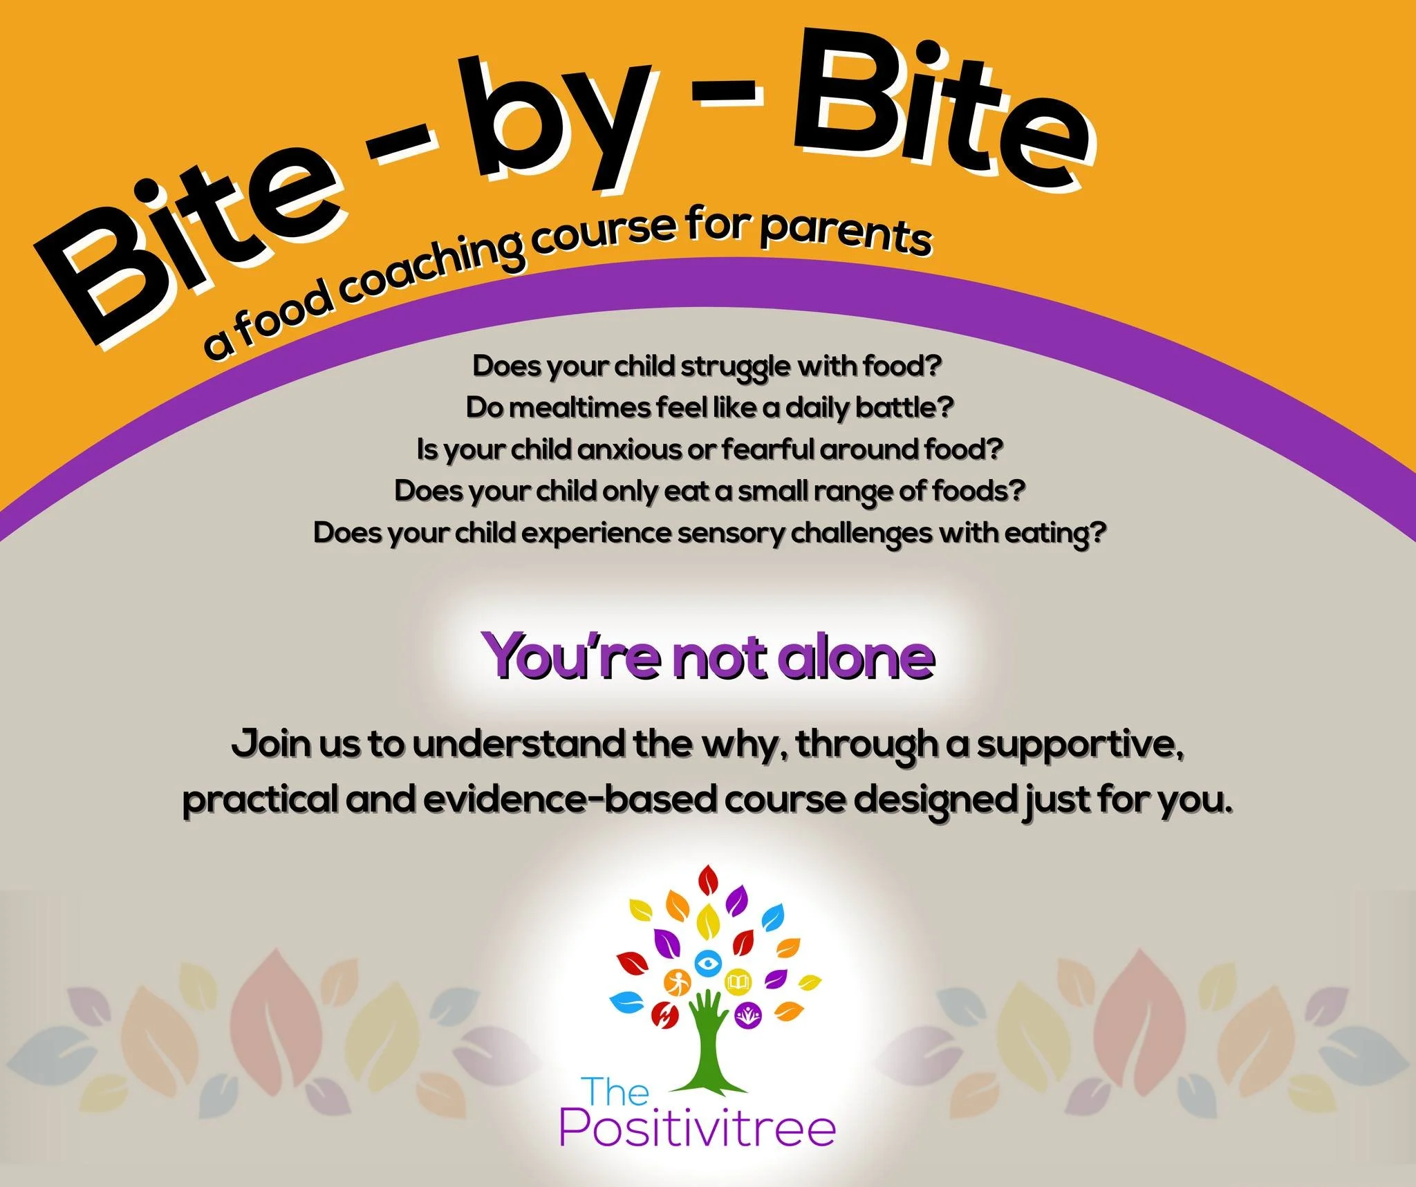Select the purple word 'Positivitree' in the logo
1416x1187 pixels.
tap(697, 1129)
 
